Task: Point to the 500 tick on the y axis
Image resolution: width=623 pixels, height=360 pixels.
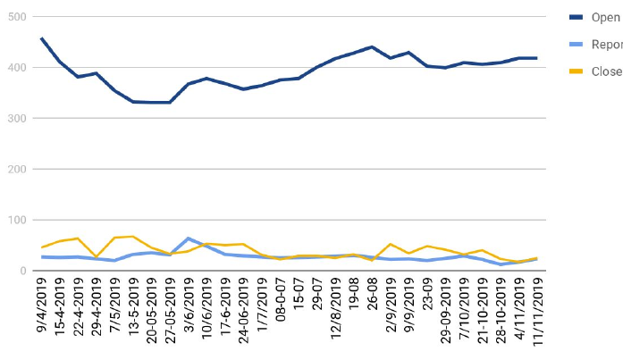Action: [x=16, y=17]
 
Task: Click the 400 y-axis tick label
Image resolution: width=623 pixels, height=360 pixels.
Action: [x=16, y=68]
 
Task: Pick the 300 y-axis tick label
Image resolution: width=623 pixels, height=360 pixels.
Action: [x=16, y=119]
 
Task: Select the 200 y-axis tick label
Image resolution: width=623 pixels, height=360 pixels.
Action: [x=16, y=170]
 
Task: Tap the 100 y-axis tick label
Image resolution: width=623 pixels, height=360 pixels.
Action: [x=16, y=221]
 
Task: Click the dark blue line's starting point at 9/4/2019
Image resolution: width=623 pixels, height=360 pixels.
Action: [x=42, y=38]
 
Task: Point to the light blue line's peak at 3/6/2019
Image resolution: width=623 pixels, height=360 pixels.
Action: [x=188, y=239]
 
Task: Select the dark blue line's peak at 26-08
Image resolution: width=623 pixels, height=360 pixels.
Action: [x=371, y=46]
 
